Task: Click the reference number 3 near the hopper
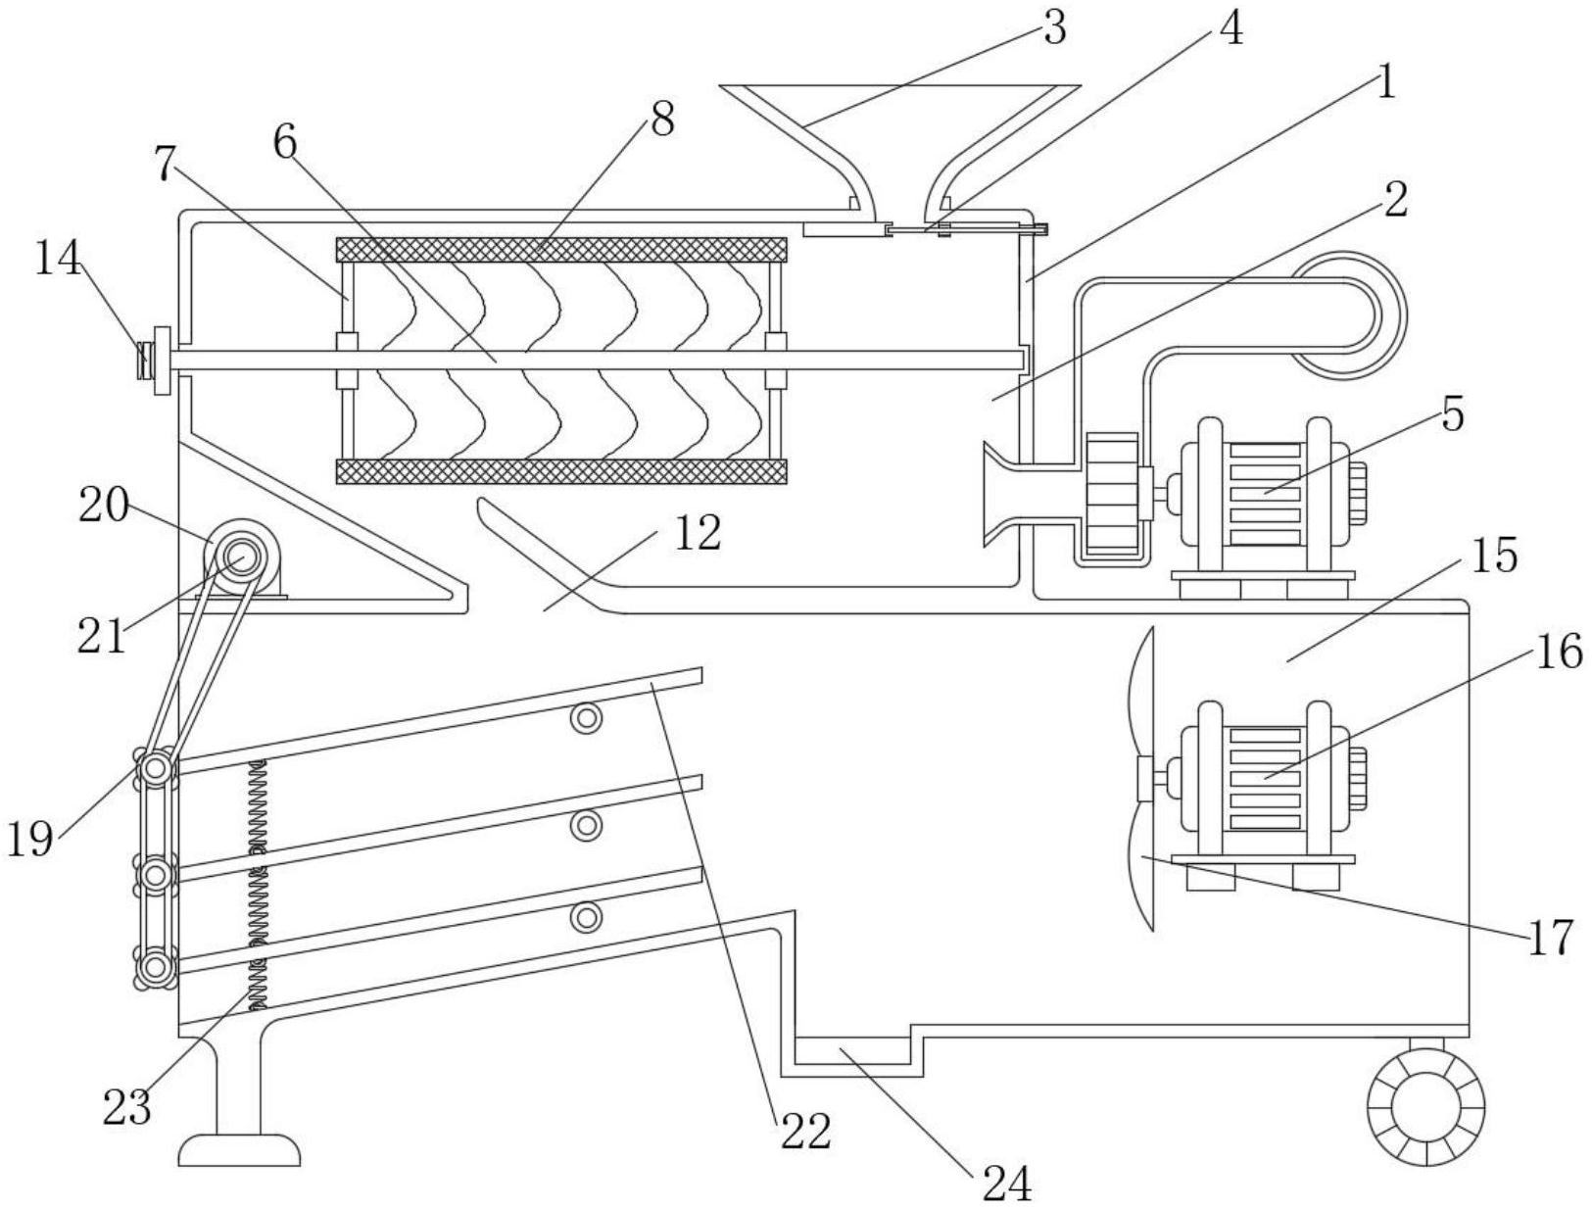pos(1054,29)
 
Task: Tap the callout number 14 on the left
pos(58,259)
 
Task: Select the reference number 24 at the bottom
pos(1006,1185)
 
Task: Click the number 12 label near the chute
pos(697,533)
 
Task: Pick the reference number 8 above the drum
pos(662,121)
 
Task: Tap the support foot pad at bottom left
pos(239,1149)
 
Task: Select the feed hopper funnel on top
pos(899,149)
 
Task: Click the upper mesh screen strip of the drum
pos(560,250)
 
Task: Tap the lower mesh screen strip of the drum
pos(560,471)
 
